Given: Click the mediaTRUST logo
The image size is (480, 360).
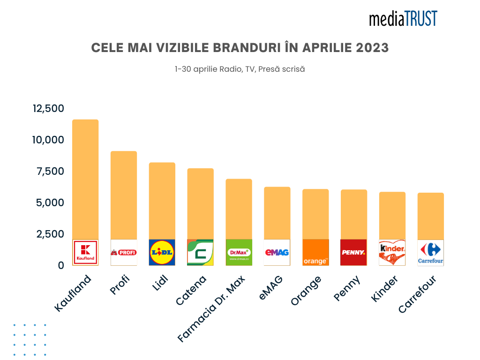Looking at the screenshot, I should (x=403, y=18).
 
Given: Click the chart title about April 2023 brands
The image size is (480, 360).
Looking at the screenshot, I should (x=240, y=48).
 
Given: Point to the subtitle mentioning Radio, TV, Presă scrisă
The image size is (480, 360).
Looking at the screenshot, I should (x=240, y=69).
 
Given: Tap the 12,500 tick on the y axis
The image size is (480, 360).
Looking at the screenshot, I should (x=48, y=108).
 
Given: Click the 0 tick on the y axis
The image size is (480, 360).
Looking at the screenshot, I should (x=60, y=265).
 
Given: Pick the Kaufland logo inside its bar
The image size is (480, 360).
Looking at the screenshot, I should (x=85, y=253).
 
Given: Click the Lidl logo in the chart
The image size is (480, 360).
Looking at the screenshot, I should (x=162, y=253).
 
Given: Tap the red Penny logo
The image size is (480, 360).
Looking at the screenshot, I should (x=353, y=253).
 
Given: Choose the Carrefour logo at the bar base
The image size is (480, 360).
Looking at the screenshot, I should (x=430, y=253).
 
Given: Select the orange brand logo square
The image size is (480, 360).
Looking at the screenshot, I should (x=315, y=253).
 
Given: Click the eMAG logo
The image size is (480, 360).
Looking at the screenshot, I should (x=277, y=253).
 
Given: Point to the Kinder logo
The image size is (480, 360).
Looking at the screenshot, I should (x=392, y=253).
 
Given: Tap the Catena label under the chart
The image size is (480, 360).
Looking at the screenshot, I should (x=192, y=291).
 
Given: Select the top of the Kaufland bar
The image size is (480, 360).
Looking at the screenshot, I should (x=85, y=121).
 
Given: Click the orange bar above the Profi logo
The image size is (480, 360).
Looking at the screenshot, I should (x=124, y=195).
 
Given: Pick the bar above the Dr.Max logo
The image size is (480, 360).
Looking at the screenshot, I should (x=239, y=209).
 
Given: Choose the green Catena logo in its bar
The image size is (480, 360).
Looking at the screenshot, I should (x=200, y=253).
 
